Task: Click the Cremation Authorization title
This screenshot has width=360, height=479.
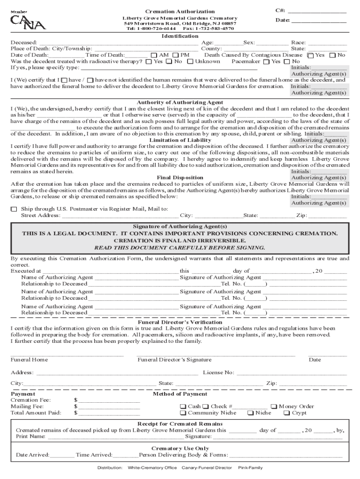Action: coord(180,11)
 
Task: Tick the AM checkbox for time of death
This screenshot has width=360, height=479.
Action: coord(155,55)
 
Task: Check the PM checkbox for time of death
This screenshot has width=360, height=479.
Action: coord(176,55)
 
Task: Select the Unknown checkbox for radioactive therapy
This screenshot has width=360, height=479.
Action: coord(191,61)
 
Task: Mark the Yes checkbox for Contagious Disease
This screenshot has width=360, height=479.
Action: coord(310,55)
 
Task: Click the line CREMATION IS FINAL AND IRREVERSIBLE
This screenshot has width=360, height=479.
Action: coord(180,240)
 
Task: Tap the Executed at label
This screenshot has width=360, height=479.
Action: coord(26,271)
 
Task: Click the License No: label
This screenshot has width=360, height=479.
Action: coord(218,373)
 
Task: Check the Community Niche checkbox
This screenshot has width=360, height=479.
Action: coord(183,413)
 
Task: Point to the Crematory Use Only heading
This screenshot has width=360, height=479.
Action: coord(180,448)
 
